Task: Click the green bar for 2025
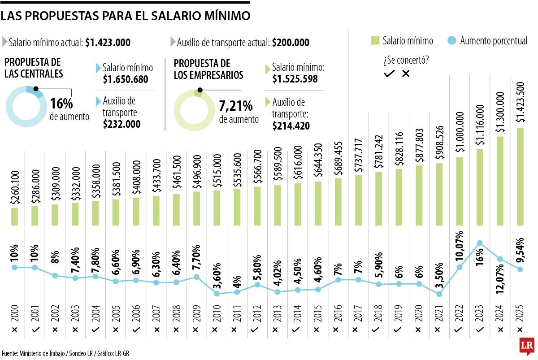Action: [x=520, y=177]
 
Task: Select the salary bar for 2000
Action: [x=15, y=216]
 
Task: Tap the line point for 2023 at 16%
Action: [x=480, y=243]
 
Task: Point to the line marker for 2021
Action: [x=439, y=294]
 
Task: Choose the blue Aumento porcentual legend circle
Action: [x=452, y=41]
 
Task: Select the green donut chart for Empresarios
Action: [x=194, y=110]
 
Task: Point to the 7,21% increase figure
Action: [x=235, y=107]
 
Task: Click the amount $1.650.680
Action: [x=126, y=79]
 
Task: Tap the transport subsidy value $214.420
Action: [x=291, y=126]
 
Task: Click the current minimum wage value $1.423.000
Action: [x=108, y=43]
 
